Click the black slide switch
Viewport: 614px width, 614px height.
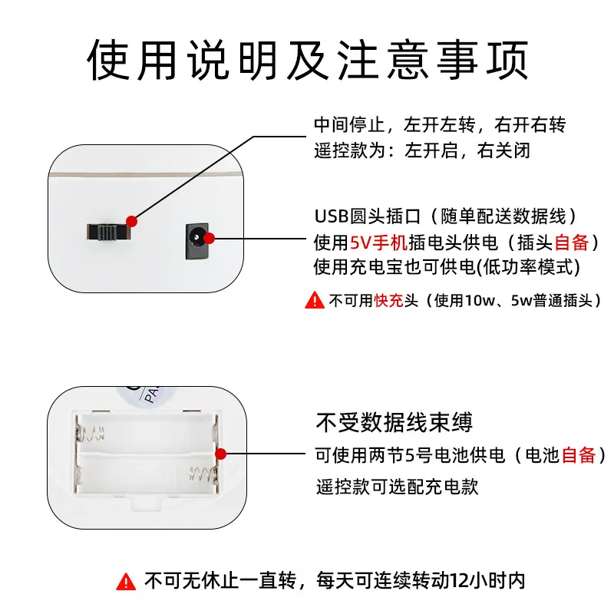click(109, 232)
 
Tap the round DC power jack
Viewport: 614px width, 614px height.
click(196, 241)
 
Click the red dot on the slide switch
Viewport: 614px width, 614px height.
click(131, 221)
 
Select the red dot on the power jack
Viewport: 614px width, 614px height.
click(210, 238)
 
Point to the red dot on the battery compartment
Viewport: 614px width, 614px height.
click(221, 454)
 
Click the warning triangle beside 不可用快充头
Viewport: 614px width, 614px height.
click(315, 300)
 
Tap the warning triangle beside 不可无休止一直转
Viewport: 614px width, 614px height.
click(126, 582)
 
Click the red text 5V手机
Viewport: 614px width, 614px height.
click(378, 243)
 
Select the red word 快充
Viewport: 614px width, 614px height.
click(388, 301)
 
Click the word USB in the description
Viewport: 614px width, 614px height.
click(332, 216)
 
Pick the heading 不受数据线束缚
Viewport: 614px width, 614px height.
click(394, 422)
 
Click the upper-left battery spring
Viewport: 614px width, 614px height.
click(91, 433)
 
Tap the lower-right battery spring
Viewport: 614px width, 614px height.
click(203, 474)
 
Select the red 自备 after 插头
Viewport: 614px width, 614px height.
click(572, 243)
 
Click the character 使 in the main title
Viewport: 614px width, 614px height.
click(108, 60)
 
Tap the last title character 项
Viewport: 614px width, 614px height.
click(507, 60)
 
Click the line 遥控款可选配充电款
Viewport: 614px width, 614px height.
click(397, 487)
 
